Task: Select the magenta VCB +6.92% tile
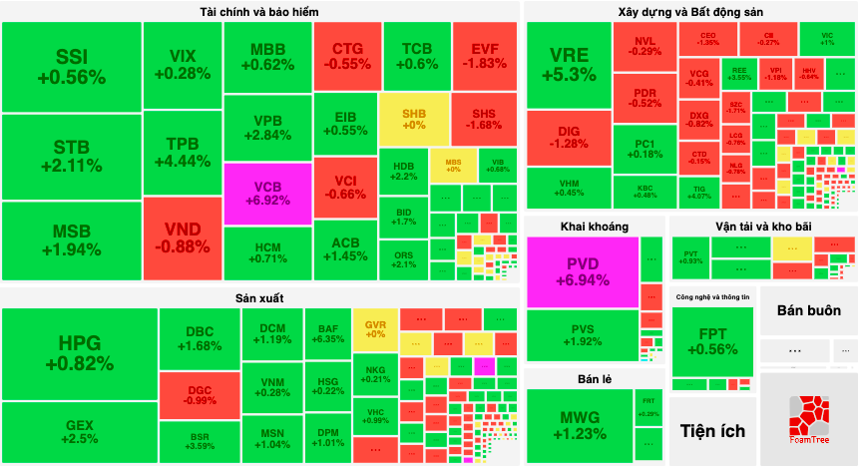pyautogui.click(x=266, y=192)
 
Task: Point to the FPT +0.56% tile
pyautogui.click(x=712, y=341)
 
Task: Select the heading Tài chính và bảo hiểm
pyautogui.click(x=260, y=11)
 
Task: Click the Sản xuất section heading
pyautogui.click(x=260, y=297)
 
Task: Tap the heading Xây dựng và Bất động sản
pyautogui.click(x=690, y=11)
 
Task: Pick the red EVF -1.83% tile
pyautogui.click(x=485, y=54)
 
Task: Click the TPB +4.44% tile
pyautogui.click(x=182, y=152)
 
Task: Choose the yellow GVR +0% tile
pyautogui.click(x=375, y=330)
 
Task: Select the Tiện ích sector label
pyautogui.click(x=712, y=431)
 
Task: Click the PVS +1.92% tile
pyautogui.click(x=582, y=334)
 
